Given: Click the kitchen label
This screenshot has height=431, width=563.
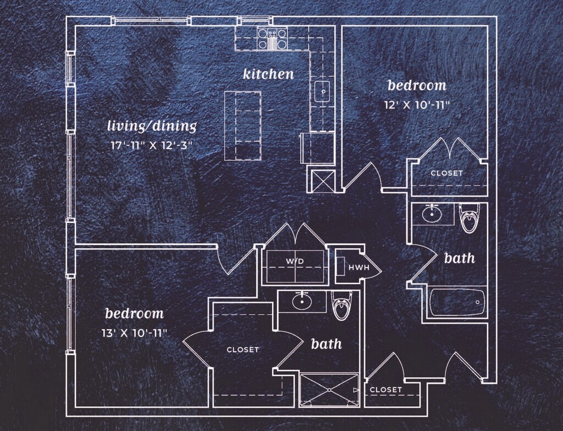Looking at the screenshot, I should [268, 73].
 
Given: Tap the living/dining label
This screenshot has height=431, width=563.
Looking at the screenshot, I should [151, 126].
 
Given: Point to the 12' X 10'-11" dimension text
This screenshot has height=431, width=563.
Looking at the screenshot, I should [417, 104].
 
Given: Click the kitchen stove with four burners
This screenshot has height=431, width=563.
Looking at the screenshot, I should [272, 38].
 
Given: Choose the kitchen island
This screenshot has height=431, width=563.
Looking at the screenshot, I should [242, 126].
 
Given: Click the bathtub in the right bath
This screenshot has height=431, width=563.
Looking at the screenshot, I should [457, 302].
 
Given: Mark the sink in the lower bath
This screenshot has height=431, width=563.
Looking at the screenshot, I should [301, 301].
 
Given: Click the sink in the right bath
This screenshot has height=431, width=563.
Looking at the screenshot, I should [433, 213].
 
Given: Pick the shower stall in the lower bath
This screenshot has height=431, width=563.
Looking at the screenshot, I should [329, 390].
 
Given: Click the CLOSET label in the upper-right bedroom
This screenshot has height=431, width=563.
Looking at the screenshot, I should [446, 173].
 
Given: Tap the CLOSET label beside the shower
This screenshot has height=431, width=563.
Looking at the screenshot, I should [385, 390].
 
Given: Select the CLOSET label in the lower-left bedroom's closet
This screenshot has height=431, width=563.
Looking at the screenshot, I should [242, 350].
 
